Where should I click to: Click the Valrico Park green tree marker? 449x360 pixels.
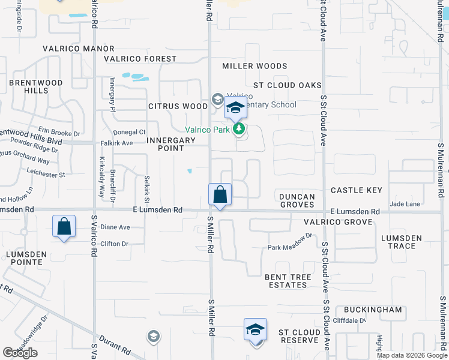point(240,128)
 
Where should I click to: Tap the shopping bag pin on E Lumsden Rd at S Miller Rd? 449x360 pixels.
point(220,195)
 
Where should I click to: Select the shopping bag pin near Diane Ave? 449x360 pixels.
point(64,227)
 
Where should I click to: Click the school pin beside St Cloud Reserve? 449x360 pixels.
point(255,330)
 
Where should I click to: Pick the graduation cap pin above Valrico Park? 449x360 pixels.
point(235,109)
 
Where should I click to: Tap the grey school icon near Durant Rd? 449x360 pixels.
point(153,336)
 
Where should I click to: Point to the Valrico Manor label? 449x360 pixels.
point(78,49)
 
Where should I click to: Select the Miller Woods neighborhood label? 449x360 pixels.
point(255,66)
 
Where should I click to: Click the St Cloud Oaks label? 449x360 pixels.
point(287,85)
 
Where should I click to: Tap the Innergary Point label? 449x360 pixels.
point(171,144)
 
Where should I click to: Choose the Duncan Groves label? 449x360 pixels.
point(297,200)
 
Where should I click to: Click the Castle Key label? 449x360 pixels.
point(357,190)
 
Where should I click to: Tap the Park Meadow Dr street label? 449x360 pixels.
point(291,247)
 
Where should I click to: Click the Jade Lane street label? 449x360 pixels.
point(405,204)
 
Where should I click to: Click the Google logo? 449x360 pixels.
point(20,353)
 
